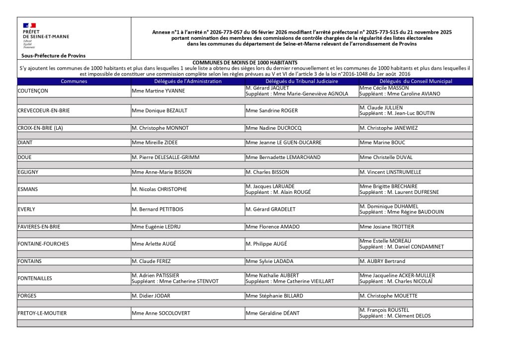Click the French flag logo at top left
coord(29,25)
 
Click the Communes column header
coord(74,81)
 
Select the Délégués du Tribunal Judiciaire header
coord(302,81)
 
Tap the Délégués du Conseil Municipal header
coord(416,81)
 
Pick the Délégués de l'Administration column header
coord(188,81)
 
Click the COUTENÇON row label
coord(33,91)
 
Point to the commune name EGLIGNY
coord(28,172)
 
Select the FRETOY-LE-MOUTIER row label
coord(42,313)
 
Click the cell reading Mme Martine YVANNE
coord(158,91)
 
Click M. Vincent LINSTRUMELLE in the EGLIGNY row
coord(390,172)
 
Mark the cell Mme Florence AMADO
coord(272,227)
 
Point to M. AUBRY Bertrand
coord(382,261)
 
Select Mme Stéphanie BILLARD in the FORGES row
coord(273,296)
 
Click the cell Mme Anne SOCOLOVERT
coord(161,313)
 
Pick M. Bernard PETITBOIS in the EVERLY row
coord(158,209)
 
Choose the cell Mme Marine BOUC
coord(382,143)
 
